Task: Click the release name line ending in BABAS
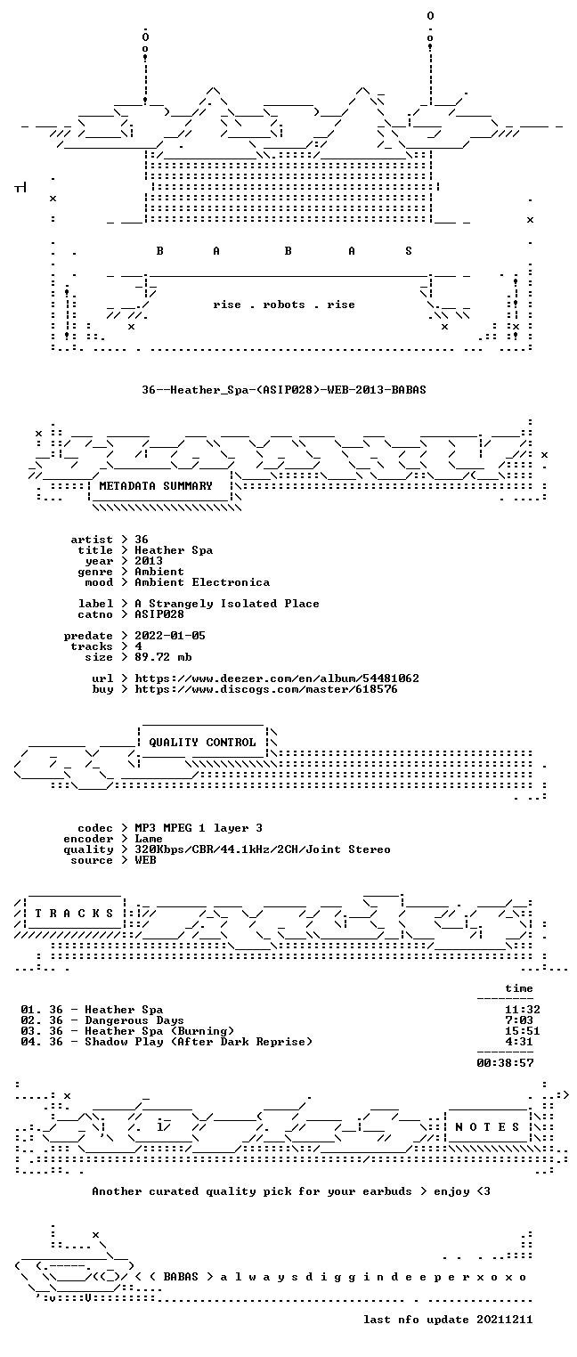pos(284,390)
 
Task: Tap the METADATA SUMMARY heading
pos(156,486)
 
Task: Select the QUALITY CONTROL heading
pos(202,743)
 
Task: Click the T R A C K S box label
pos(74,914)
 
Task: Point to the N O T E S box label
pos(487,1126)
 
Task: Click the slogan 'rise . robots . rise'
pos(284,305)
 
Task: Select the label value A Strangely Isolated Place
pos(227,604)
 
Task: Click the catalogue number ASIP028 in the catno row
pos(158,614)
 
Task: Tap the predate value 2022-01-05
pos(170,636)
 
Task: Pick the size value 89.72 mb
pos(163,657)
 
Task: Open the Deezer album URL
pos(276,678)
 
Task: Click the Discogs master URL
pos(266,689)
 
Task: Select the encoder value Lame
pos(149,839)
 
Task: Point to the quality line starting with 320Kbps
pos(263,850)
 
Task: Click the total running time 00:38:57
pos(505,1063)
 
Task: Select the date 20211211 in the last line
pos(505,1320)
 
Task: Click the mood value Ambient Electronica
pos(202,583)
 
